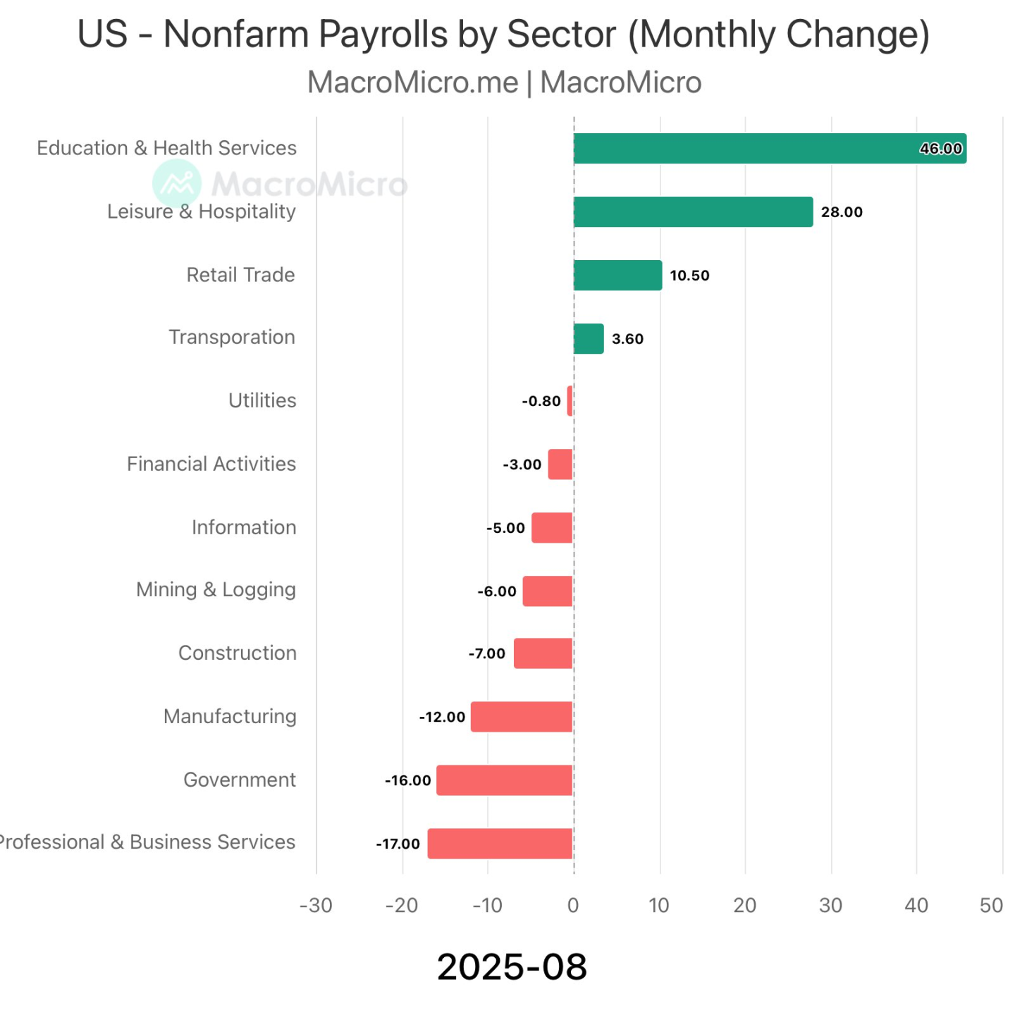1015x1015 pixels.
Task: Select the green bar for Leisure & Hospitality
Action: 693,211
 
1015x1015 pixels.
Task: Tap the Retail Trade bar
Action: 617,275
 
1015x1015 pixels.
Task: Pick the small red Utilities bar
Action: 570,401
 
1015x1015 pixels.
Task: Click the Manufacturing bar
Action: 522,717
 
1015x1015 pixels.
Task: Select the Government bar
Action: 505,780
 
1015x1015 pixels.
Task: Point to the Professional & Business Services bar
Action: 500,844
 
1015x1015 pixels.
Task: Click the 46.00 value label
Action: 940,148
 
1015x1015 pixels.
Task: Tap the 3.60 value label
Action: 627,339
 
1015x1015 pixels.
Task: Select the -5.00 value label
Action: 505,528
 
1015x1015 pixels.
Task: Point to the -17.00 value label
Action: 398,844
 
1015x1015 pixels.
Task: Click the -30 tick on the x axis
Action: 316,906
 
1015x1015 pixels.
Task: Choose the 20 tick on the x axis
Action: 745,906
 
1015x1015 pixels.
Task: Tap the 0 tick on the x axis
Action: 573,906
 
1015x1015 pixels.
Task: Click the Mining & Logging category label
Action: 216,589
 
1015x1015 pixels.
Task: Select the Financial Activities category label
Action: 211,464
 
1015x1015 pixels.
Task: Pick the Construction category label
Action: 238,653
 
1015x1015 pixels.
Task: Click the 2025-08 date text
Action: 512,966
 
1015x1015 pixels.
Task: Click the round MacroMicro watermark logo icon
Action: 177,183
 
